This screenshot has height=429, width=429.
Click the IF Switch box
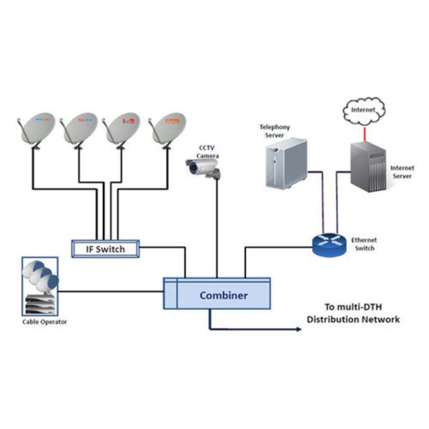[105, 249]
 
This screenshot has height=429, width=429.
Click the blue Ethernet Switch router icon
[327, 244]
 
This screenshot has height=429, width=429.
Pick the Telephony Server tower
[286, 163]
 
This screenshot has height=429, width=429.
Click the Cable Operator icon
[40, 286]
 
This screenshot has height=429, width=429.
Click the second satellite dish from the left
[80, 129]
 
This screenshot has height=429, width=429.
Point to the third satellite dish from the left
[123, 129]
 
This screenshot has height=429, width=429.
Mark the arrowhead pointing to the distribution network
[299, 330]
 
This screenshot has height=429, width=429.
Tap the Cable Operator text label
[44, 322]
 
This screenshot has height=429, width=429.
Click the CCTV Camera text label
[207, 152]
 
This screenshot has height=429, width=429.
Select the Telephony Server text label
[275, 131]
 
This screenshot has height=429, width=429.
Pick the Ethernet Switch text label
[364, 244]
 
